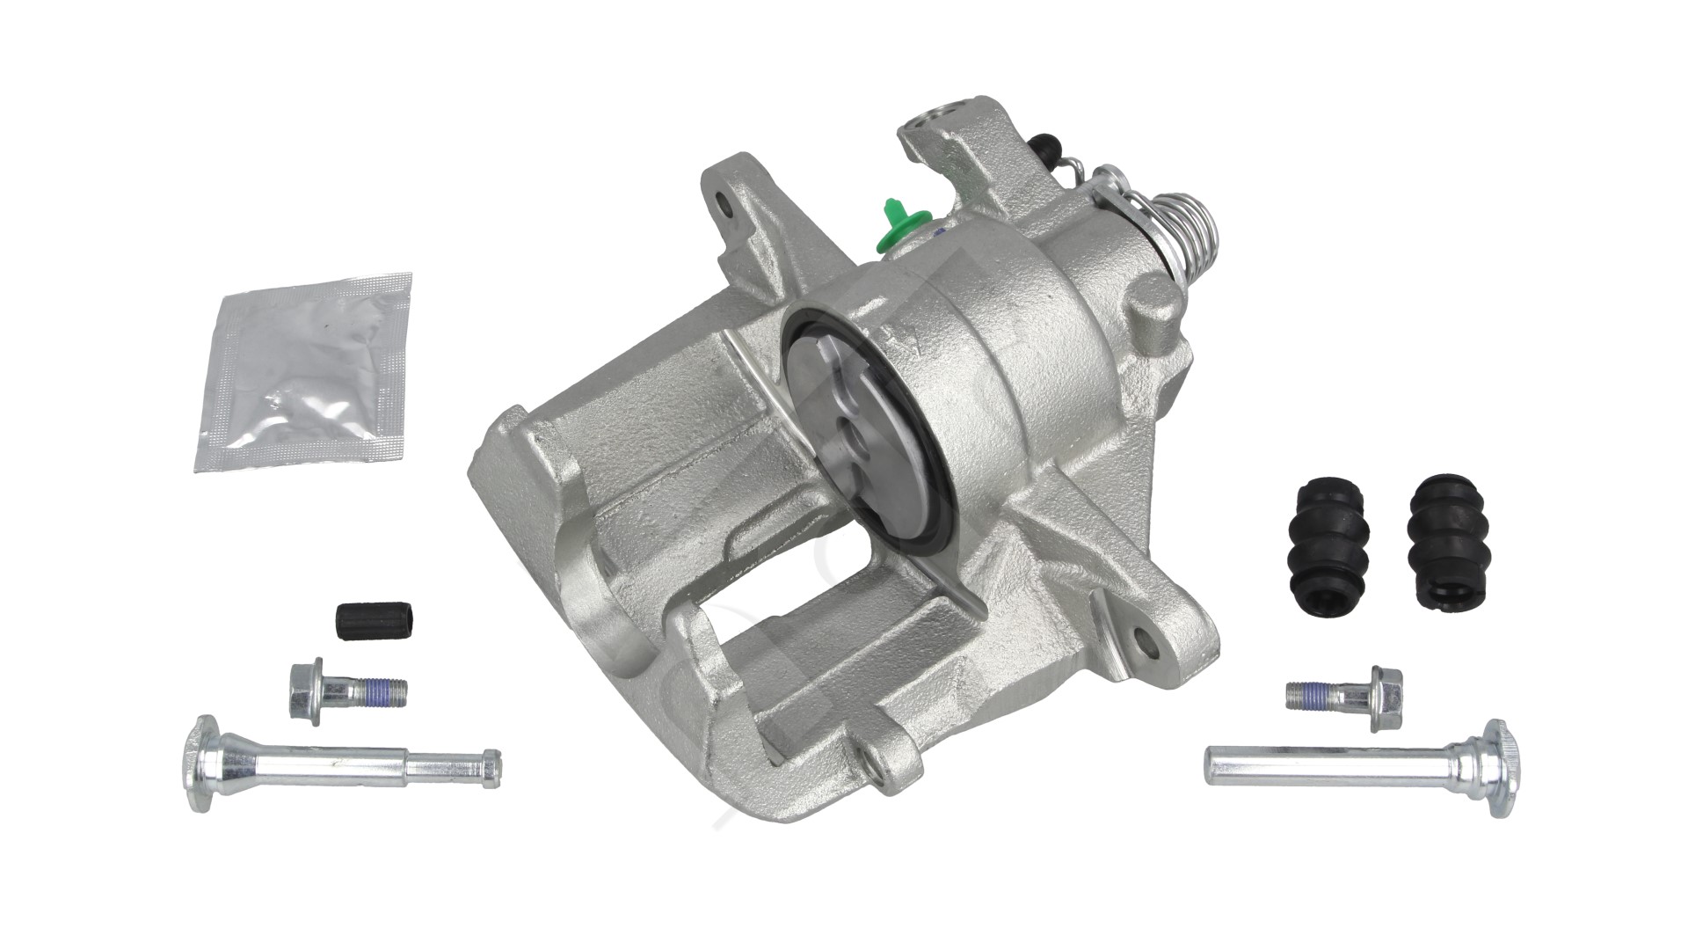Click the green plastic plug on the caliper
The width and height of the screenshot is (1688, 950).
coord(896,225)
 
